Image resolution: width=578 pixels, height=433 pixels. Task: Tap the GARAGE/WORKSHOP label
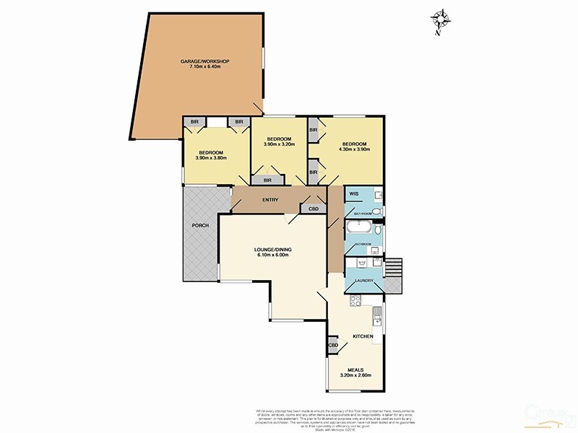[x=204, y=61]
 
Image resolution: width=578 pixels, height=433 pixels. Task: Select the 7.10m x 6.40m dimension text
[x=204, y=67]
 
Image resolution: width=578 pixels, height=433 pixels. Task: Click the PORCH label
[x=200, y=225]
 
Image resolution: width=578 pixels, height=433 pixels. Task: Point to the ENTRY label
[x=271, y=199]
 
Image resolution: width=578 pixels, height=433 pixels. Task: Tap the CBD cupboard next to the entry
[x=313, y=209]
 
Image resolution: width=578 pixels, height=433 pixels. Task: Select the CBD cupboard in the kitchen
[x=334, y=346]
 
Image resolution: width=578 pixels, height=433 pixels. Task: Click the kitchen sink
[x=377, y=315]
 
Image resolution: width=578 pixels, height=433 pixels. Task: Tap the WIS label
[x=354, y=194]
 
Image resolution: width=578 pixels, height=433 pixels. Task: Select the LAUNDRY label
[x=363, y=280]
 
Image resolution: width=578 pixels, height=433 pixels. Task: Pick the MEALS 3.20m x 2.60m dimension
[x=356, y=375]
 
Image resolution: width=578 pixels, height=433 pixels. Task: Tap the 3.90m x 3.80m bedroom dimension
[x=211, y=158]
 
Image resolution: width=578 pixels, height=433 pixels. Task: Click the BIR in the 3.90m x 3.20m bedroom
[x=267, y=180]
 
